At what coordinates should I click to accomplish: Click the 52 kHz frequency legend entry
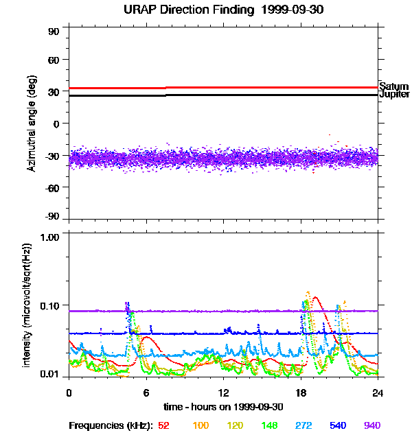click(x=163, y=425)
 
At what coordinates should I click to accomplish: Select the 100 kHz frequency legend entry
click(x=201, y=425)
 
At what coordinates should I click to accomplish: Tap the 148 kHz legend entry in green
click(x=268, y=425)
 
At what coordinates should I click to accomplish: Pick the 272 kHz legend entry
click(x=303, y=425)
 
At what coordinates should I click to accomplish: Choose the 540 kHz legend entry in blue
click(x=338, y=425)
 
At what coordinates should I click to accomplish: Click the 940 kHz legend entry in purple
click(x=372, y=425)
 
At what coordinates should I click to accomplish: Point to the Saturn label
click(x=393, y=86)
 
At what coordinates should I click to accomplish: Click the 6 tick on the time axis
click(x=146, y=393)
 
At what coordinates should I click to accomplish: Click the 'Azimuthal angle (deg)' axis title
click(x=32, y=124)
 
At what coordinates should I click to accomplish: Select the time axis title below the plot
click(x=223, y=407)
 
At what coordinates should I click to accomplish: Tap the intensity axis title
click(x=27, y=304)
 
